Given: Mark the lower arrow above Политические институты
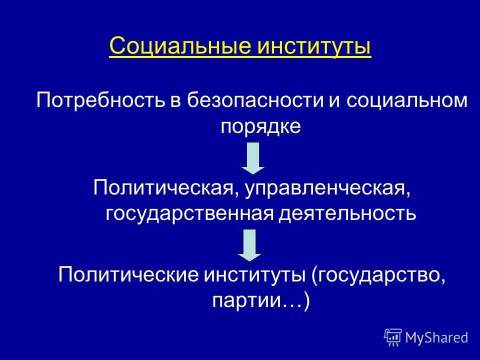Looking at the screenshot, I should (x=249, y=245).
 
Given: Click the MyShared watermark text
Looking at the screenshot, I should (x=436, y=337).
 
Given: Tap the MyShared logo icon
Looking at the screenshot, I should (x=393, y=337).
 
